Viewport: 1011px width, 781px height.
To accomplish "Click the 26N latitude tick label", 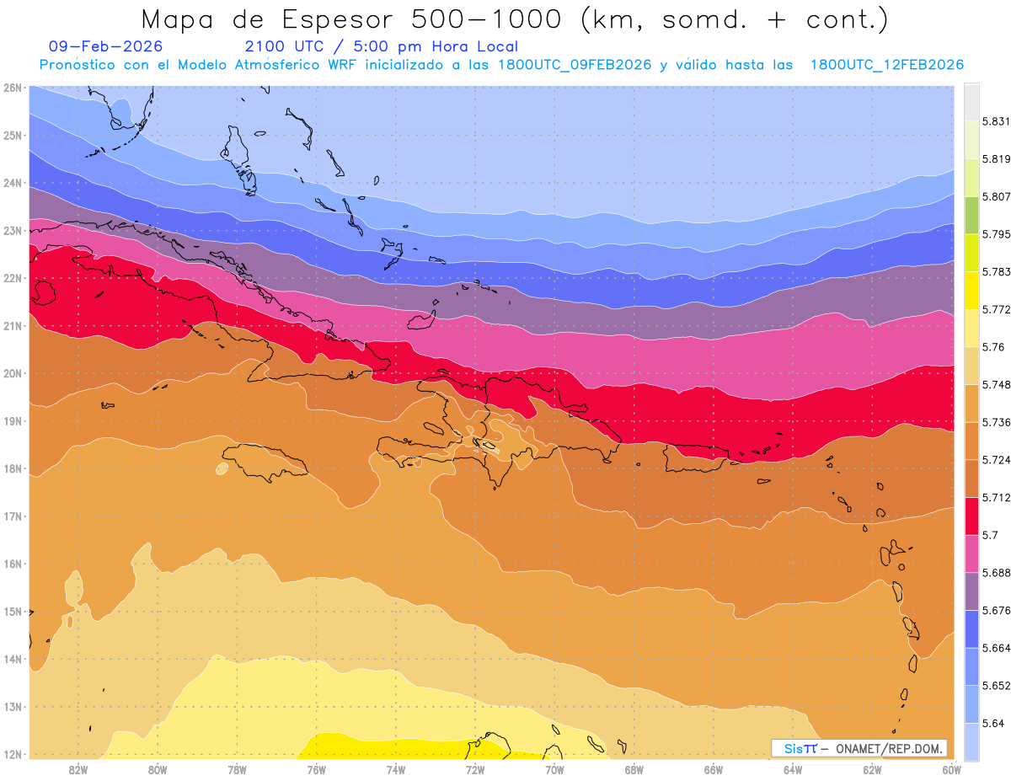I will pos(12,87).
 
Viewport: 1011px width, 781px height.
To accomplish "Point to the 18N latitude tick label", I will pos(12,468).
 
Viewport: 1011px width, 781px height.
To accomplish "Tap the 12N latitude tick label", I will pos(12,754).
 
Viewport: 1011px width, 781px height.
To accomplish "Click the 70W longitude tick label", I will pos(554,768).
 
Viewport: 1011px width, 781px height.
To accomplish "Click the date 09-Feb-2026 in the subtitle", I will pos(105,46).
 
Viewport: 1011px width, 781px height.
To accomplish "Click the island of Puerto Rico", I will pos(696,457).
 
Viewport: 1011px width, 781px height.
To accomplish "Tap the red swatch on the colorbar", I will pos(971,515).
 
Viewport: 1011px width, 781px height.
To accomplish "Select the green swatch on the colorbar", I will pos(971,215).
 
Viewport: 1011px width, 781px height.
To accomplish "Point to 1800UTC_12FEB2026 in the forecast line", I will pos(887,65).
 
